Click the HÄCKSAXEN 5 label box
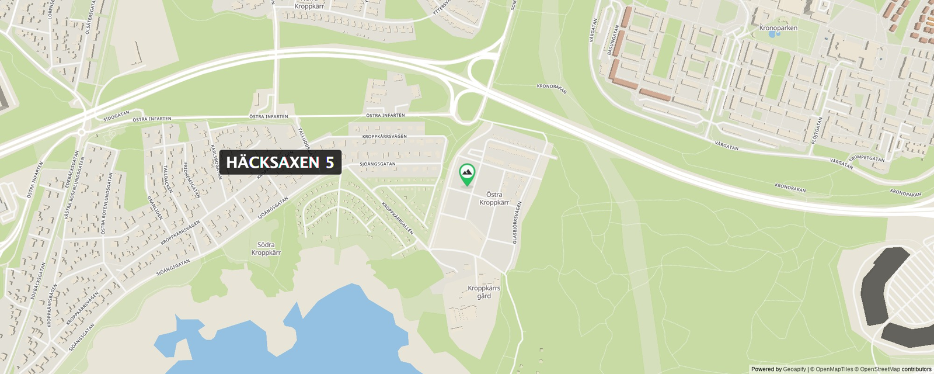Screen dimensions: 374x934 click(280, 162)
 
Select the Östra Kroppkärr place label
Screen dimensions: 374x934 click(494, 199)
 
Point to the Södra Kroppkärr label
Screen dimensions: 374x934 click(266, 249)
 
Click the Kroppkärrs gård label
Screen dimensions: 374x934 click(484, 292)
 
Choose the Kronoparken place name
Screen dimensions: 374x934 click(778, 28)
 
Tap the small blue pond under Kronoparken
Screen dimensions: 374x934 click(773, 34)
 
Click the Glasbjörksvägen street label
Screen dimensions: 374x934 click(515, 223)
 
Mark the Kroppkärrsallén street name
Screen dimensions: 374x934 click(398, 219)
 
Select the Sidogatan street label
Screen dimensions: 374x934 click(116, 116)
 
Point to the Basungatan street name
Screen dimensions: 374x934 click(612, 40)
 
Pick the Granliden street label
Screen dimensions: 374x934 click(155, 207)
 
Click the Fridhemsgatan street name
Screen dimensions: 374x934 click(192, 180)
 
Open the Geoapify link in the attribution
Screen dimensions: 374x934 click(794, 369)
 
